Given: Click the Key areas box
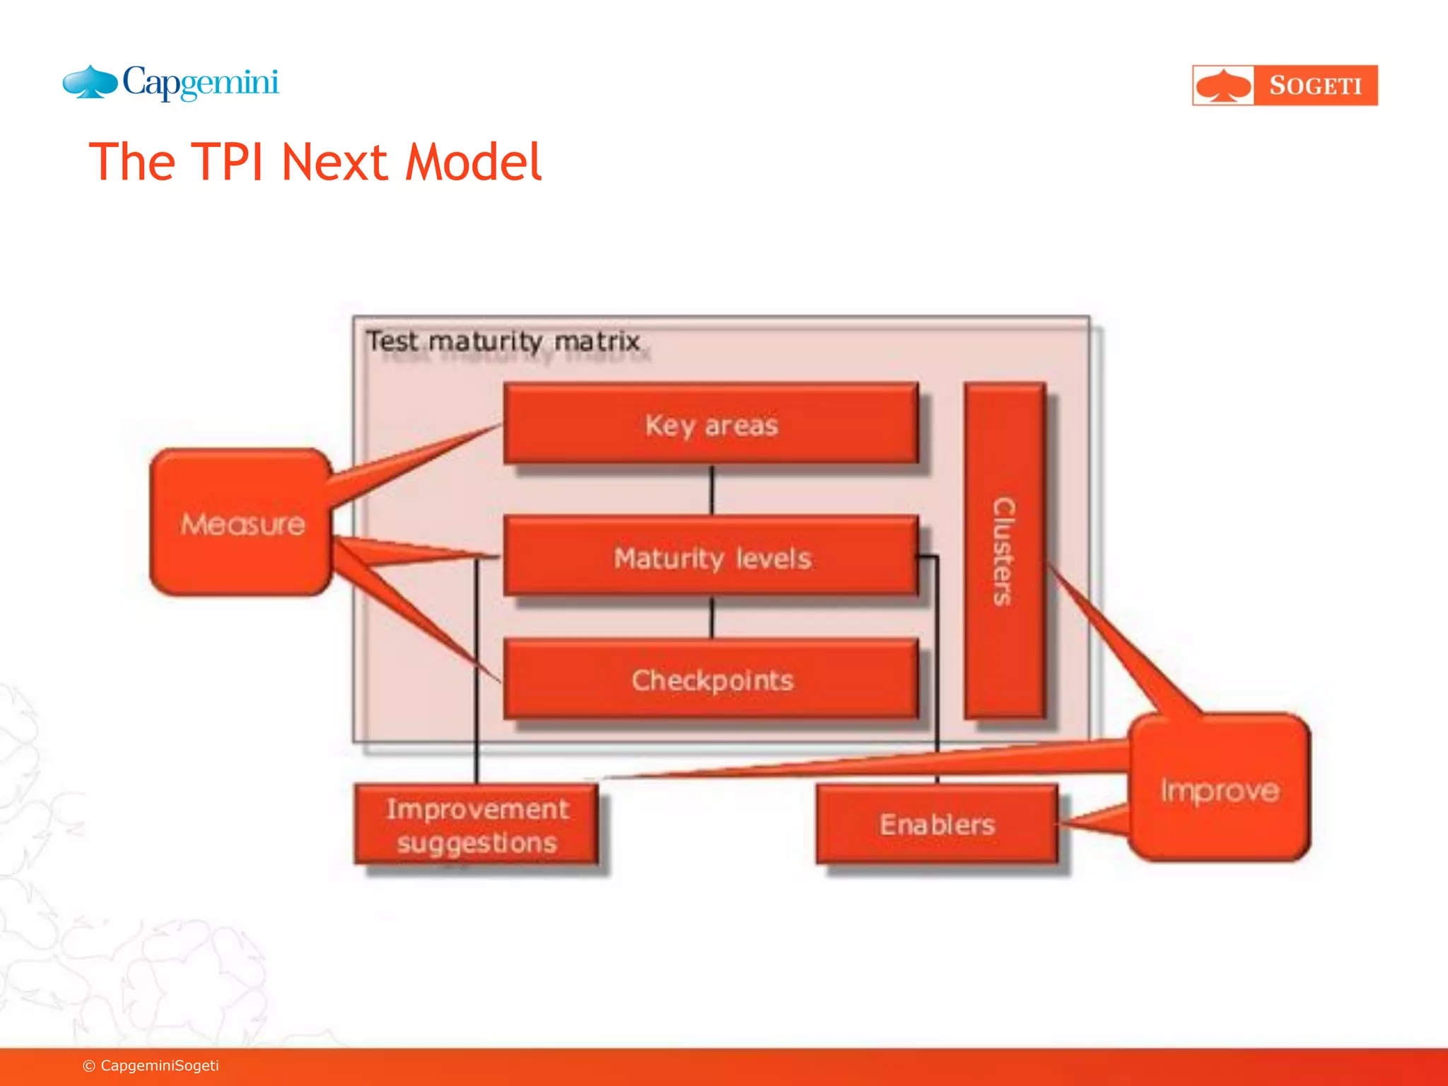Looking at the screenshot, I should point(711,424).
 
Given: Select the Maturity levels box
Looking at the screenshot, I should point(711,557).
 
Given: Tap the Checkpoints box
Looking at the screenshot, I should point(711,679).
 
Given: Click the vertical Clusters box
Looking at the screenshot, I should point(1005,551).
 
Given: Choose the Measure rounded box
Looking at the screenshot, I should point(241,523).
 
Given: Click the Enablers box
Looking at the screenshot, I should point(937,824).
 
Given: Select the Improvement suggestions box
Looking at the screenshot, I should point(477,824).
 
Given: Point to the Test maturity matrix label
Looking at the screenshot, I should point(503,341).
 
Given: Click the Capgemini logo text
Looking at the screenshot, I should point(201,83).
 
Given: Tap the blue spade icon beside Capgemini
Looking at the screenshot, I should point(90,82).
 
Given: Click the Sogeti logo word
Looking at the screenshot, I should point(1315,86).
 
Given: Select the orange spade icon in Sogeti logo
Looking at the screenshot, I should point(1223,86).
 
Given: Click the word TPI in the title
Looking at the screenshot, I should point(227,163).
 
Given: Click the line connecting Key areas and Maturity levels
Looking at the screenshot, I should point(712,490).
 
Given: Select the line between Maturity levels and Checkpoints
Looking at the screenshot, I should point(712,617).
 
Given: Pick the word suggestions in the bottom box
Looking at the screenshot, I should point(477,843).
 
